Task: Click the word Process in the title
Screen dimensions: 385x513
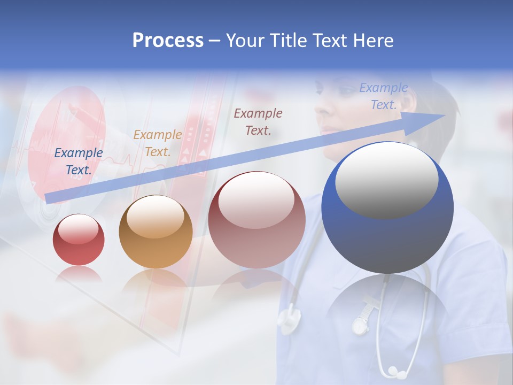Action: [168, 40]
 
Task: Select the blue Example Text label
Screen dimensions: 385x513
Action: [79, 161]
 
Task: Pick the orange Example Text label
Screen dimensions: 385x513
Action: [157, 143]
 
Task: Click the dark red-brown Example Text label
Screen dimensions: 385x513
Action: [258, 121]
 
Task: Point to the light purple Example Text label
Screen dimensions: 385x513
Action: [383, 96]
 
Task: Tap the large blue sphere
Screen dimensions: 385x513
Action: [387, 235]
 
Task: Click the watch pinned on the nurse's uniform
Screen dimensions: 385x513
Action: [361, 323]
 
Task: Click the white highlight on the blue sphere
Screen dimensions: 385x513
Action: [387, 179]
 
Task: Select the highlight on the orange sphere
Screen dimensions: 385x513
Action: [156, 217]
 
